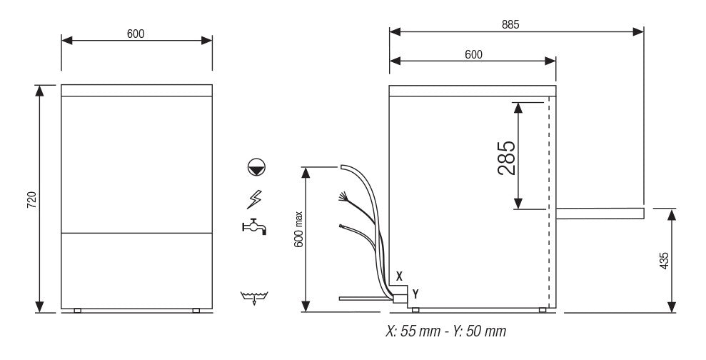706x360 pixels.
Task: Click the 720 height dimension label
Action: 31,199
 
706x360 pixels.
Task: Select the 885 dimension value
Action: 510,23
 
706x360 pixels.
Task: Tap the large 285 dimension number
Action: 505,157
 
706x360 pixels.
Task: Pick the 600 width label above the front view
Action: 136,34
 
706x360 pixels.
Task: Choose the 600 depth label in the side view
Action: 473,54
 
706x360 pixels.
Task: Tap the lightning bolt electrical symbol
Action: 255,199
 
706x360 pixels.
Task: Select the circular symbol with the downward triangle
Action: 256,168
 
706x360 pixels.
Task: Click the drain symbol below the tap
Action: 255,296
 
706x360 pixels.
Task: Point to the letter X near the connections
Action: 399,276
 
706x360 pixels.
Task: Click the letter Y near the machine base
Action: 415,293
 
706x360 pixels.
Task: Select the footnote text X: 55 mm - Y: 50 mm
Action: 445,331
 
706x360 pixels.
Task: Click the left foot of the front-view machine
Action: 77,310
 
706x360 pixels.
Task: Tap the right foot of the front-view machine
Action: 196,310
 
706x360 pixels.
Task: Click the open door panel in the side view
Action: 600,213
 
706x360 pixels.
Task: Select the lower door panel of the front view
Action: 136,269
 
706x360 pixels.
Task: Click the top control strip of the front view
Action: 136,91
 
